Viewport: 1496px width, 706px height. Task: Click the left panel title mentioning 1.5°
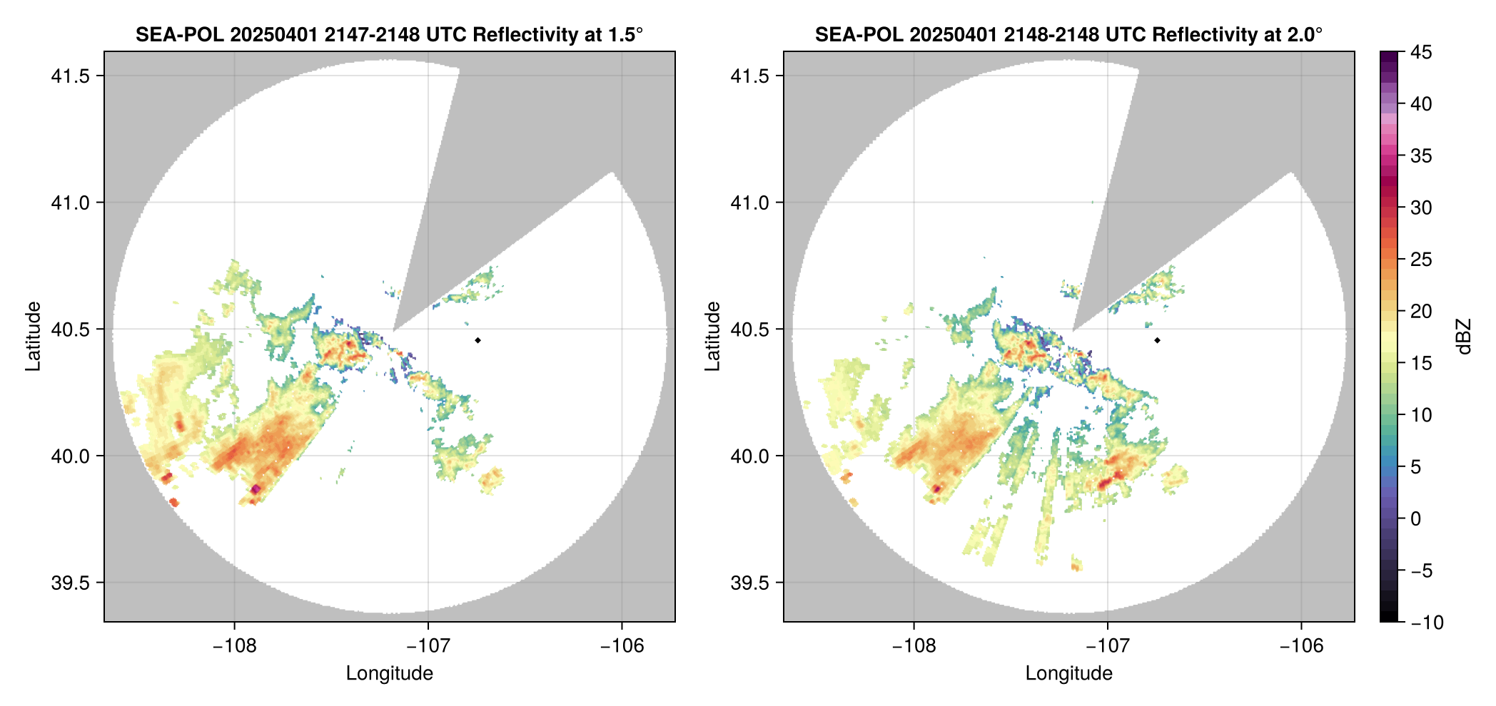pos(389,34)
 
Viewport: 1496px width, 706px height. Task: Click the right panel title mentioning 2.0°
pos(1068,34)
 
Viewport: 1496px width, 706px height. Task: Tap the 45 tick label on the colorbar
pos(1420,52)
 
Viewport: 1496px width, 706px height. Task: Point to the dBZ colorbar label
pos(1464,337)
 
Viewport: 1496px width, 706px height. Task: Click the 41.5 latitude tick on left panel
pos(70,76)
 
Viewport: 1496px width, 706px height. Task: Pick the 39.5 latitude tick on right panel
pos(749,583)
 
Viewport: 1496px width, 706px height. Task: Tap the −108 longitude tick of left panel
pos(234,645)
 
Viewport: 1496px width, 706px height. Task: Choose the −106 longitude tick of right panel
pos(1301,645)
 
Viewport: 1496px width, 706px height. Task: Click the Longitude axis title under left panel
pos(389,673)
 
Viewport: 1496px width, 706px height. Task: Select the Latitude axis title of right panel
pos(712,337)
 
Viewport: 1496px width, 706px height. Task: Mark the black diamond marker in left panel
pos(477,340)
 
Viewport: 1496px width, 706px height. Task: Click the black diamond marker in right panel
pos(1157,340)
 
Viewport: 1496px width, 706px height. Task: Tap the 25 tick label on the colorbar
pos(1420,260)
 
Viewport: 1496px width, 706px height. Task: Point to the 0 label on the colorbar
pos(1415,518)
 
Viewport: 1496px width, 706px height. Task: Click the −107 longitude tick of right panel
pos(1107,645)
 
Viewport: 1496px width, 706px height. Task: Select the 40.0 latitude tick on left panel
pos(70,456)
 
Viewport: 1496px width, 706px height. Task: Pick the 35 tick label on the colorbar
pos(1420,155)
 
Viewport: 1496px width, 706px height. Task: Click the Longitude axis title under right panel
pos(1068,673)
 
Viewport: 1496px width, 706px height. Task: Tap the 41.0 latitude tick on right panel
pos(749,203)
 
